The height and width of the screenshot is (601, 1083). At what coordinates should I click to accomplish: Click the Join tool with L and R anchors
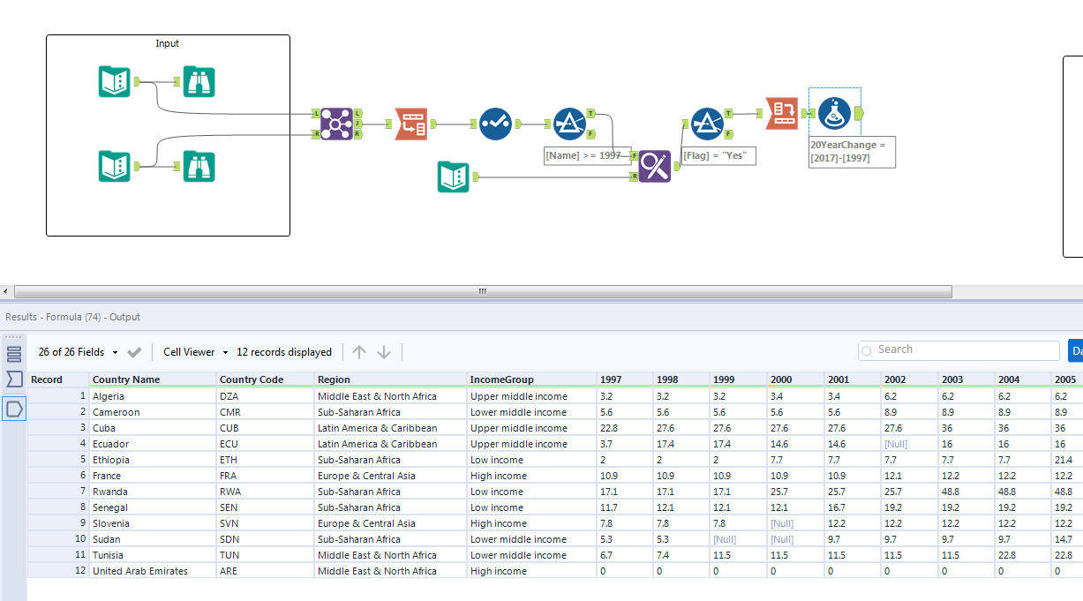[x=336, y=124]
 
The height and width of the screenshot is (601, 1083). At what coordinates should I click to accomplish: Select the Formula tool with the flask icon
[x=834, y=113]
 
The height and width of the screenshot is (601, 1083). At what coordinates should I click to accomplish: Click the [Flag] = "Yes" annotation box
[x=719, y=155]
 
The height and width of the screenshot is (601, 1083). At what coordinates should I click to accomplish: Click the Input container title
[x=168, y=43]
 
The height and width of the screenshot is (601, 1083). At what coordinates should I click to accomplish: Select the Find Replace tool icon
[x=654, y=166]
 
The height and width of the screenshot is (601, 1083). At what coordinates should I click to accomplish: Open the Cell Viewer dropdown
[x=195, y=352]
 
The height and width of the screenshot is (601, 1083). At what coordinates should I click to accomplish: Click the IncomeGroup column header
[x=501, y=379]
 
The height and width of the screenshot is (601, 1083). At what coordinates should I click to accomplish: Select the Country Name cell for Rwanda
[x=109, y=492]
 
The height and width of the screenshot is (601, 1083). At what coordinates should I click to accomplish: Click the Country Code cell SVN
[x=229, y=523]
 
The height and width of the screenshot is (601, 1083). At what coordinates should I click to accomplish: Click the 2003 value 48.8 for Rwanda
[x=952, y=492]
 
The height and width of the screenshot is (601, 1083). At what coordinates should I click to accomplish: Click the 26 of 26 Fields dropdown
[x=78, y=352]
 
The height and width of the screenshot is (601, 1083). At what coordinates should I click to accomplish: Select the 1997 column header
[x=611, y=379]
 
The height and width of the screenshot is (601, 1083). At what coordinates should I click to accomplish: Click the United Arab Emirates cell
[x=139, y=571]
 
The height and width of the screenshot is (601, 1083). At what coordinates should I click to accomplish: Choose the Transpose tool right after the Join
[x=410, y=124]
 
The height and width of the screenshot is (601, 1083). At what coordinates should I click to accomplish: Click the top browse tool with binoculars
[x=199, y=82]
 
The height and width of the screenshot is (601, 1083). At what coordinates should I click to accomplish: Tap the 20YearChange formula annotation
[x=853, y=151]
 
